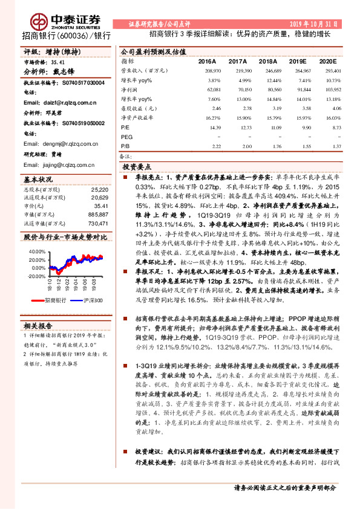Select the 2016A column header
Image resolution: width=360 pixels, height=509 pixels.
pos(206,62)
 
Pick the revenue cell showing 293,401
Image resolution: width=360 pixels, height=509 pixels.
pos(329,71)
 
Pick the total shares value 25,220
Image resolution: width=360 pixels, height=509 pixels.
pos(99,190)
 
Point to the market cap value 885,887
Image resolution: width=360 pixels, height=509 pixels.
pos(97,215)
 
